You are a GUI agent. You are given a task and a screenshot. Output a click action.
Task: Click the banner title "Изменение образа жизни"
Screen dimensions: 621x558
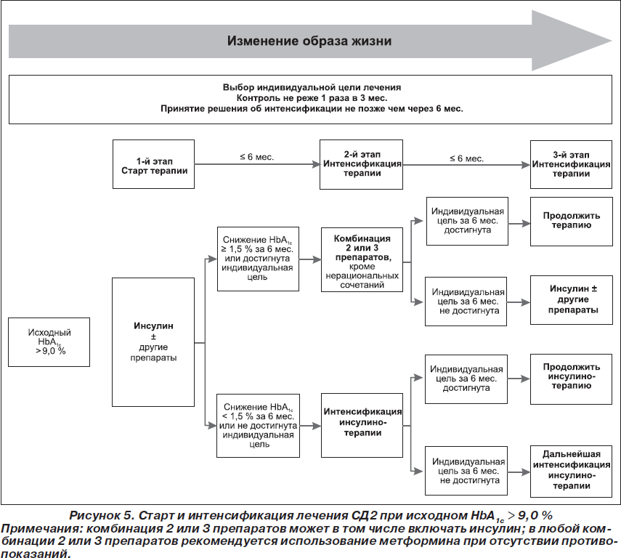[x=309, y=41]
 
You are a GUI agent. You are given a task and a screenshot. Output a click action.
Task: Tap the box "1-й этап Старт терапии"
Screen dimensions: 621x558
[x=154, y=164]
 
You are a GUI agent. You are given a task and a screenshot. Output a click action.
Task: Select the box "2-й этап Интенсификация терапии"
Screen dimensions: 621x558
[x=361, y=164]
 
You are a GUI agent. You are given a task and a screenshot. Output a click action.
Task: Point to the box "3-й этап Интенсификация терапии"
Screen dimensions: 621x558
[x=571, y=164]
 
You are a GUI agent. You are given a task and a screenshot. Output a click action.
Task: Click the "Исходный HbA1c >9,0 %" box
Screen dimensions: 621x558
[x=49, y=342]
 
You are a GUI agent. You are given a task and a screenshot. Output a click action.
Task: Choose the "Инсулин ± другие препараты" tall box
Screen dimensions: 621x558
[x=153, y=342]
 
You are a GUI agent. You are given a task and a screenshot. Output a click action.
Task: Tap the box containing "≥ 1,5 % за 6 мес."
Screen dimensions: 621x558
[x=258, y=259]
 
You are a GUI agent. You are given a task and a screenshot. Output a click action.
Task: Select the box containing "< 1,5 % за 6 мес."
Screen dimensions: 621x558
[x=258, y=426]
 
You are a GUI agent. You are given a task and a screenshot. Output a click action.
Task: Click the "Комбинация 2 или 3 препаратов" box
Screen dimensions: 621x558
[x=362, y=260]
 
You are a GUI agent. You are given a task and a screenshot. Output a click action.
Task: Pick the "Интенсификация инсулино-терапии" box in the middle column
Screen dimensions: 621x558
[x=362, y=425]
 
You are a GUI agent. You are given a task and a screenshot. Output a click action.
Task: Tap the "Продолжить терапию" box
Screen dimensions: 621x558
[x=572, y=222]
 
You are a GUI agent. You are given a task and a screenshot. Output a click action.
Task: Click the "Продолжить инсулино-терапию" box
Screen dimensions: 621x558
[x=571, y=379]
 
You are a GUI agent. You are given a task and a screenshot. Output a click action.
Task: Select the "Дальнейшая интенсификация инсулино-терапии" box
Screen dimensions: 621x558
[x=571, y=472]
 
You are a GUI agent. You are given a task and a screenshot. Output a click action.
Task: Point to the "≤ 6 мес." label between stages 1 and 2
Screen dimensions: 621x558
[x=256, y=157]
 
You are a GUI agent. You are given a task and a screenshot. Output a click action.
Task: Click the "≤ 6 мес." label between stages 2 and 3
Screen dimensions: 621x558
[x=466, y=158]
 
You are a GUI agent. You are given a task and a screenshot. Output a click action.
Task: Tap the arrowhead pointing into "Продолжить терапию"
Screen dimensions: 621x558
[x=527, y=224]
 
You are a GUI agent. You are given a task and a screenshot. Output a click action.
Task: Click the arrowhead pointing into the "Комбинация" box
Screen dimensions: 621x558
[x=317, y=259]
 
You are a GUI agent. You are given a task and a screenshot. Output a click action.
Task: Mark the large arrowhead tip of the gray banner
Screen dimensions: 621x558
[x=612, y=41]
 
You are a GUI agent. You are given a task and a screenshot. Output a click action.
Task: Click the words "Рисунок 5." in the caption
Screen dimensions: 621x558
[x=102, y=515]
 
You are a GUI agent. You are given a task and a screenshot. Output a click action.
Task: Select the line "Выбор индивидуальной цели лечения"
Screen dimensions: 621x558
[x=312, y=87]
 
